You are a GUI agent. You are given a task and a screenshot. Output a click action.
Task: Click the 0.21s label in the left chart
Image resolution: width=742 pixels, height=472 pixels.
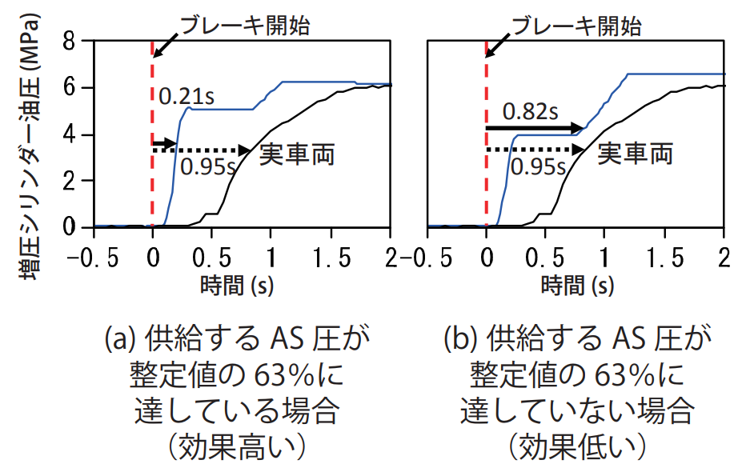click(x=186, y=98)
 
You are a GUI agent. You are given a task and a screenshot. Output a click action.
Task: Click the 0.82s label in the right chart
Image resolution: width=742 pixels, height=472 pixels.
click(x=531, y=111)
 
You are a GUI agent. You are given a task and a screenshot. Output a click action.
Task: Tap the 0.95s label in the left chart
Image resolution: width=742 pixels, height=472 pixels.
click(x=207, y=167)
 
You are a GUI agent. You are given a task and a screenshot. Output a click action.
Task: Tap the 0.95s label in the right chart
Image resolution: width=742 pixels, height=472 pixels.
click(x=538, y=167)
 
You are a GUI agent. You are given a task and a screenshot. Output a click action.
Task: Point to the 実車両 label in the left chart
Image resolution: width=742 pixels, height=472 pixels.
click(x=296, y=153)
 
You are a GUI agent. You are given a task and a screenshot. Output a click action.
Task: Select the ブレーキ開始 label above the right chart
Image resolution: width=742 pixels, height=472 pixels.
click(x=576, y=26)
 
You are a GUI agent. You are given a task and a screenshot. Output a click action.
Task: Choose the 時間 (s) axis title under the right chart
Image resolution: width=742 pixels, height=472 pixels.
click(x=578, y=284)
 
